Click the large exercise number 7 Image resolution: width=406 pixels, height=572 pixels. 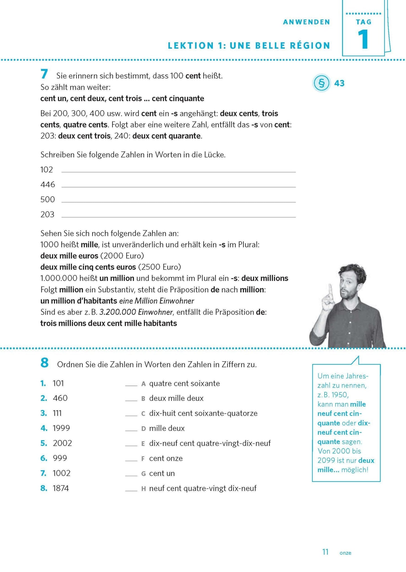pos(44,74)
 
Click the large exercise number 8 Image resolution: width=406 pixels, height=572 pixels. pos(44,363)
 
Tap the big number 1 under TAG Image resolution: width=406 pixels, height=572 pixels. pos(363,40)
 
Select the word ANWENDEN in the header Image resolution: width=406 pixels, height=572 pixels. pos(307,22)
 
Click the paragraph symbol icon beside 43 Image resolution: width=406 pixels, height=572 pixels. pos(321,83)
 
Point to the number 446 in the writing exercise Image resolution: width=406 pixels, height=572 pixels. pos(47,185)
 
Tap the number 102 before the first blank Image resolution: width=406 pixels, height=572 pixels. pos(47,170)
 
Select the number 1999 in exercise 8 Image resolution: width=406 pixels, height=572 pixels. pos(61,428)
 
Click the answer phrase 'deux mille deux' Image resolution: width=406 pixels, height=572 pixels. pos(176,398)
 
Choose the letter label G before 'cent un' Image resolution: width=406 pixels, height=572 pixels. pos(143,474)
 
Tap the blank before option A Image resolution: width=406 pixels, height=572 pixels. pos(131,385)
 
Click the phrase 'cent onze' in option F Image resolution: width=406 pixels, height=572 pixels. pos(166,458)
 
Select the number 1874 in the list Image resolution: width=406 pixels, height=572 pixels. pos(61,488)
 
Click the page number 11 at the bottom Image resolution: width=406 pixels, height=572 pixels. pos(325,552)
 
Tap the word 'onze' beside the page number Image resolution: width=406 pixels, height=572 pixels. pos(345,553)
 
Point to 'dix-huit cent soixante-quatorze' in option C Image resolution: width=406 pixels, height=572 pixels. pos(203,413)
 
